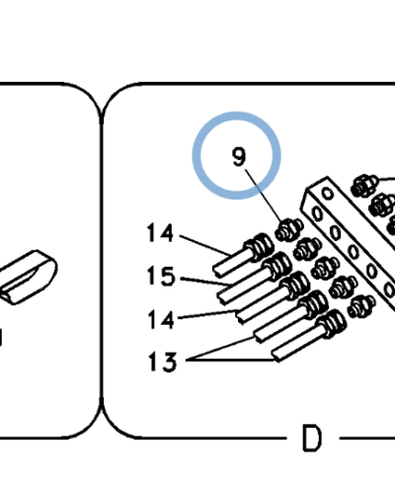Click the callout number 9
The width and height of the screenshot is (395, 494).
(239, 157)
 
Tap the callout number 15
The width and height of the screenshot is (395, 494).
(161, 276)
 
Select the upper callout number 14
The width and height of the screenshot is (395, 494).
(160, 233)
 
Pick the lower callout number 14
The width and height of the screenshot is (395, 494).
(161, 319)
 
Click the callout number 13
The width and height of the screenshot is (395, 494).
(162, 362)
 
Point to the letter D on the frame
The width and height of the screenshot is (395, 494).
(311, 439)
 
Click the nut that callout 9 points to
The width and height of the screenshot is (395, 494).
(289, 229)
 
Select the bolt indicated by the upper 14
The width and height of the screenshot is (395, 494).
(244, 255)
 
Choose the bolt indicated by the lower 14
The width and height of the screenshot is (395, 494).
(274, 298)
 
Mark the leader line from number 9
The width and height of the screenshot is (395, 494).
(263, 196)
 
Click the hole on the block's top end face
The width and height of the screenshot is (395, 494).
(328, 194)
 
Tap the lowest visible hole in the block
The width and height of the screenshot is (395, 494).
(389, 290)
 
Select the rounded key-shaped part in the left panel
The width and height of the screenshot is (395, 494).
(28, 277)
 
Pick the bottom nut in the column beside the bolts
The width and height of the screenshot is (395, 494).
(361, 306)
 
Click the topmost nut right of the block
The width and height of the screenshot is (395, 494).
(364, 186)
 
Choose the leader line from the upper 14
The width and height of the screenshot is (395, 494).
(204, 245)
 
